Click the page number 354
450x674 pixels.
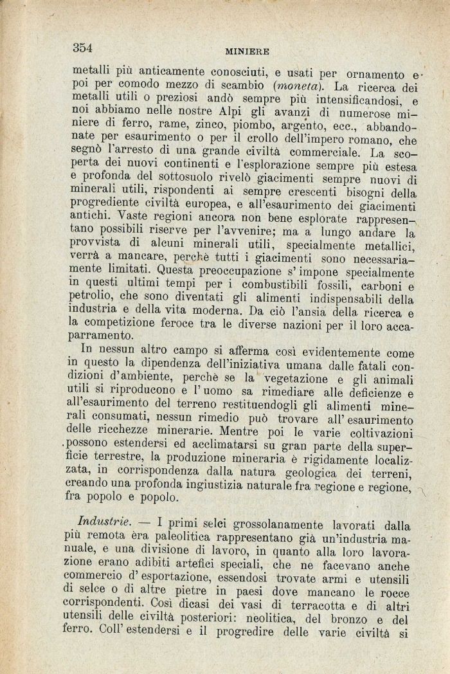tap(83, 47)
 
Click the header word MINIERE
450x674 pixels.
tap(246, 50)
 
